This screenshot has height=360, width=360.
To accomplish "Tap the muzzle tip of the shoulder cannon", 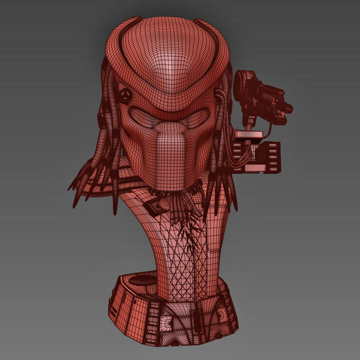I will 288,108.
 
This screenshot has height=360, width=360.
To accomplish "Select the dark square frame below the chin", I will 155,206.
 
